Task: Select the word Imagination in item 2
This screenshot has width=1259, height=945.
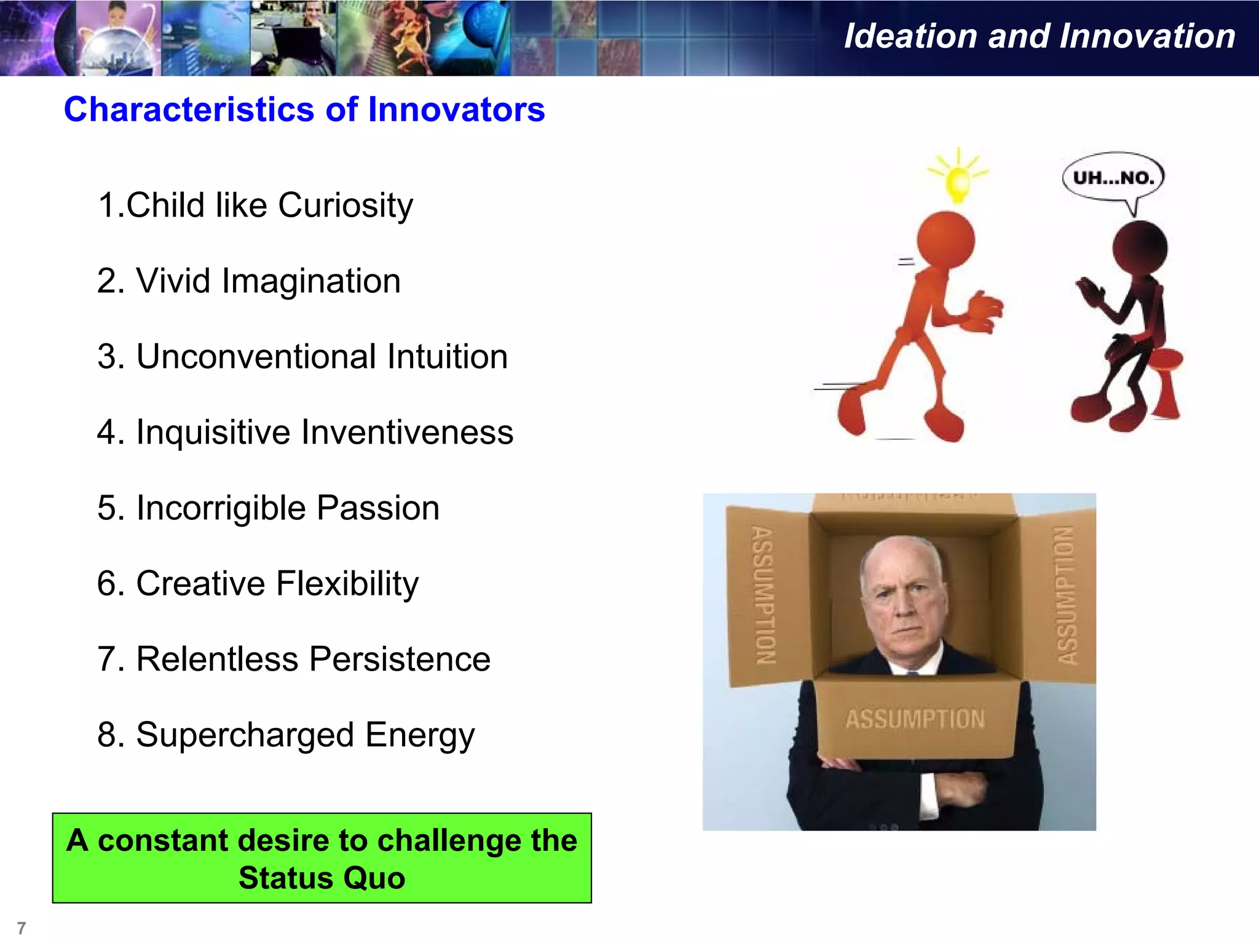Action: click(x=311, y=281)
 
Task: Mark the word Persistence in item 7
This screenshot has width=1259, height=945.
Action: click(x=400, y=659)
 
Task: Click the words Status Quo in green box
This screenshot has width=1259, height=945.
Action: click(x=322, y=878)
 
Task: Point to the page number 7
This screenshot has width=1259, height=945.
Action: click(x=22, y=928)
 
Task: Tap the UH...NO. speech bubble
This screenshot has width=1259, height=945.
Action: click(x=1113, y=178)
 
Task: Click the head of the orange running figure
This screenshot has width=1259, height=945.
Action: click(x=945, y=240)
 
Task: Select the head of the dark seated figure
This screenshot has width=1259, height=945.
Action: click(x=1140, y=249)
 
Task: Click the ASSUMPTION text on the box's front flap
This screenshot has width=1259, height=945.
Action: click(x=915, y=719)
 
